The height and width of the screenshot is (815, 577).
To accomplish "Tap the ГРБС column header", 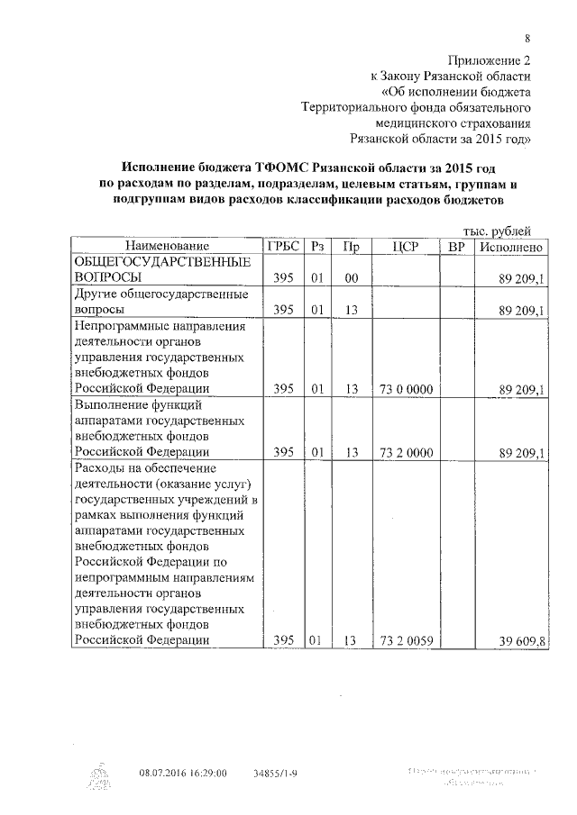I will (x=281, y=246).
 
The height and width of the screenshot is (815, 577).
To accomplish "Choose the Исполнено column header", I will (x=511, y=246).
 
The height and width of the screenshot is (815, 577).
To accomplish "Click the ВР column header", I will (x=456, y=246).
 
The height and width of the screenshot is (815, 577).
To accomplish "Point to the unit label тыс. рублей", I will (x=497, y=231).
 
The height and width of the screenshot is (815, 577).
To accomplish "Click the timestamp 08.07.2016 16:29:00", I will (x=183, y=773).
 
